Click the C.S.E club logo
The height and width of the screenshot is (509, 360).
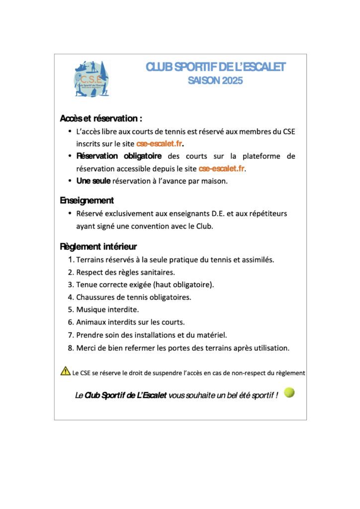[x=91, y=79]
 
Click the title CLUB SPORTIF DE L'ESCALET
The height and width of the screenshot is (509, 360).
[x=215, y=67]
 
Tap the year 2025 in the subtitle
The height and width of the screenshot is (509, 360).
[x=233, y=81]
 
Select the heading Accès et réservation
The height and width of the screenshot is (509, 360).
[x=101, y=119]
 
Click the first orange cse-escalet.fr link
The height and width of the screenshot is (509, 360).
[x=160, y=144]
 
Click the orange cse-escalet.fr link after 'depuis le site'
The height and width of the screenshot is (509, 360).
[x=222, y=169]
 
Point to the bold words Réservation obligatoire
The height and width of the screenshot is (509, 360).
[x=118, y=156]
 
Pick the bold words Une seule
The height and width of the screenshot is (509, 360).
[x=93, y=181]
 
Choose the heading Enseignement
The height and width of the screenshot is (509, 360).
[x=87, y=200]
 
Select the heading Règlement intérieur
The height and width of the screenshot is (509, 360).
[x=98, y=246]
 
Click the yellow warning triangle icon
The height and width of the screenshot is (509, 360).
[x=65, y=371]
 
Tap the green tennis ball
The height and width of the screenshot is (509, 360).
[x=289, y=393]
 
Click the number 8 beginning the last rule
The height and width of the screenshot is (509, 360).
[x=71, y=347]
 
